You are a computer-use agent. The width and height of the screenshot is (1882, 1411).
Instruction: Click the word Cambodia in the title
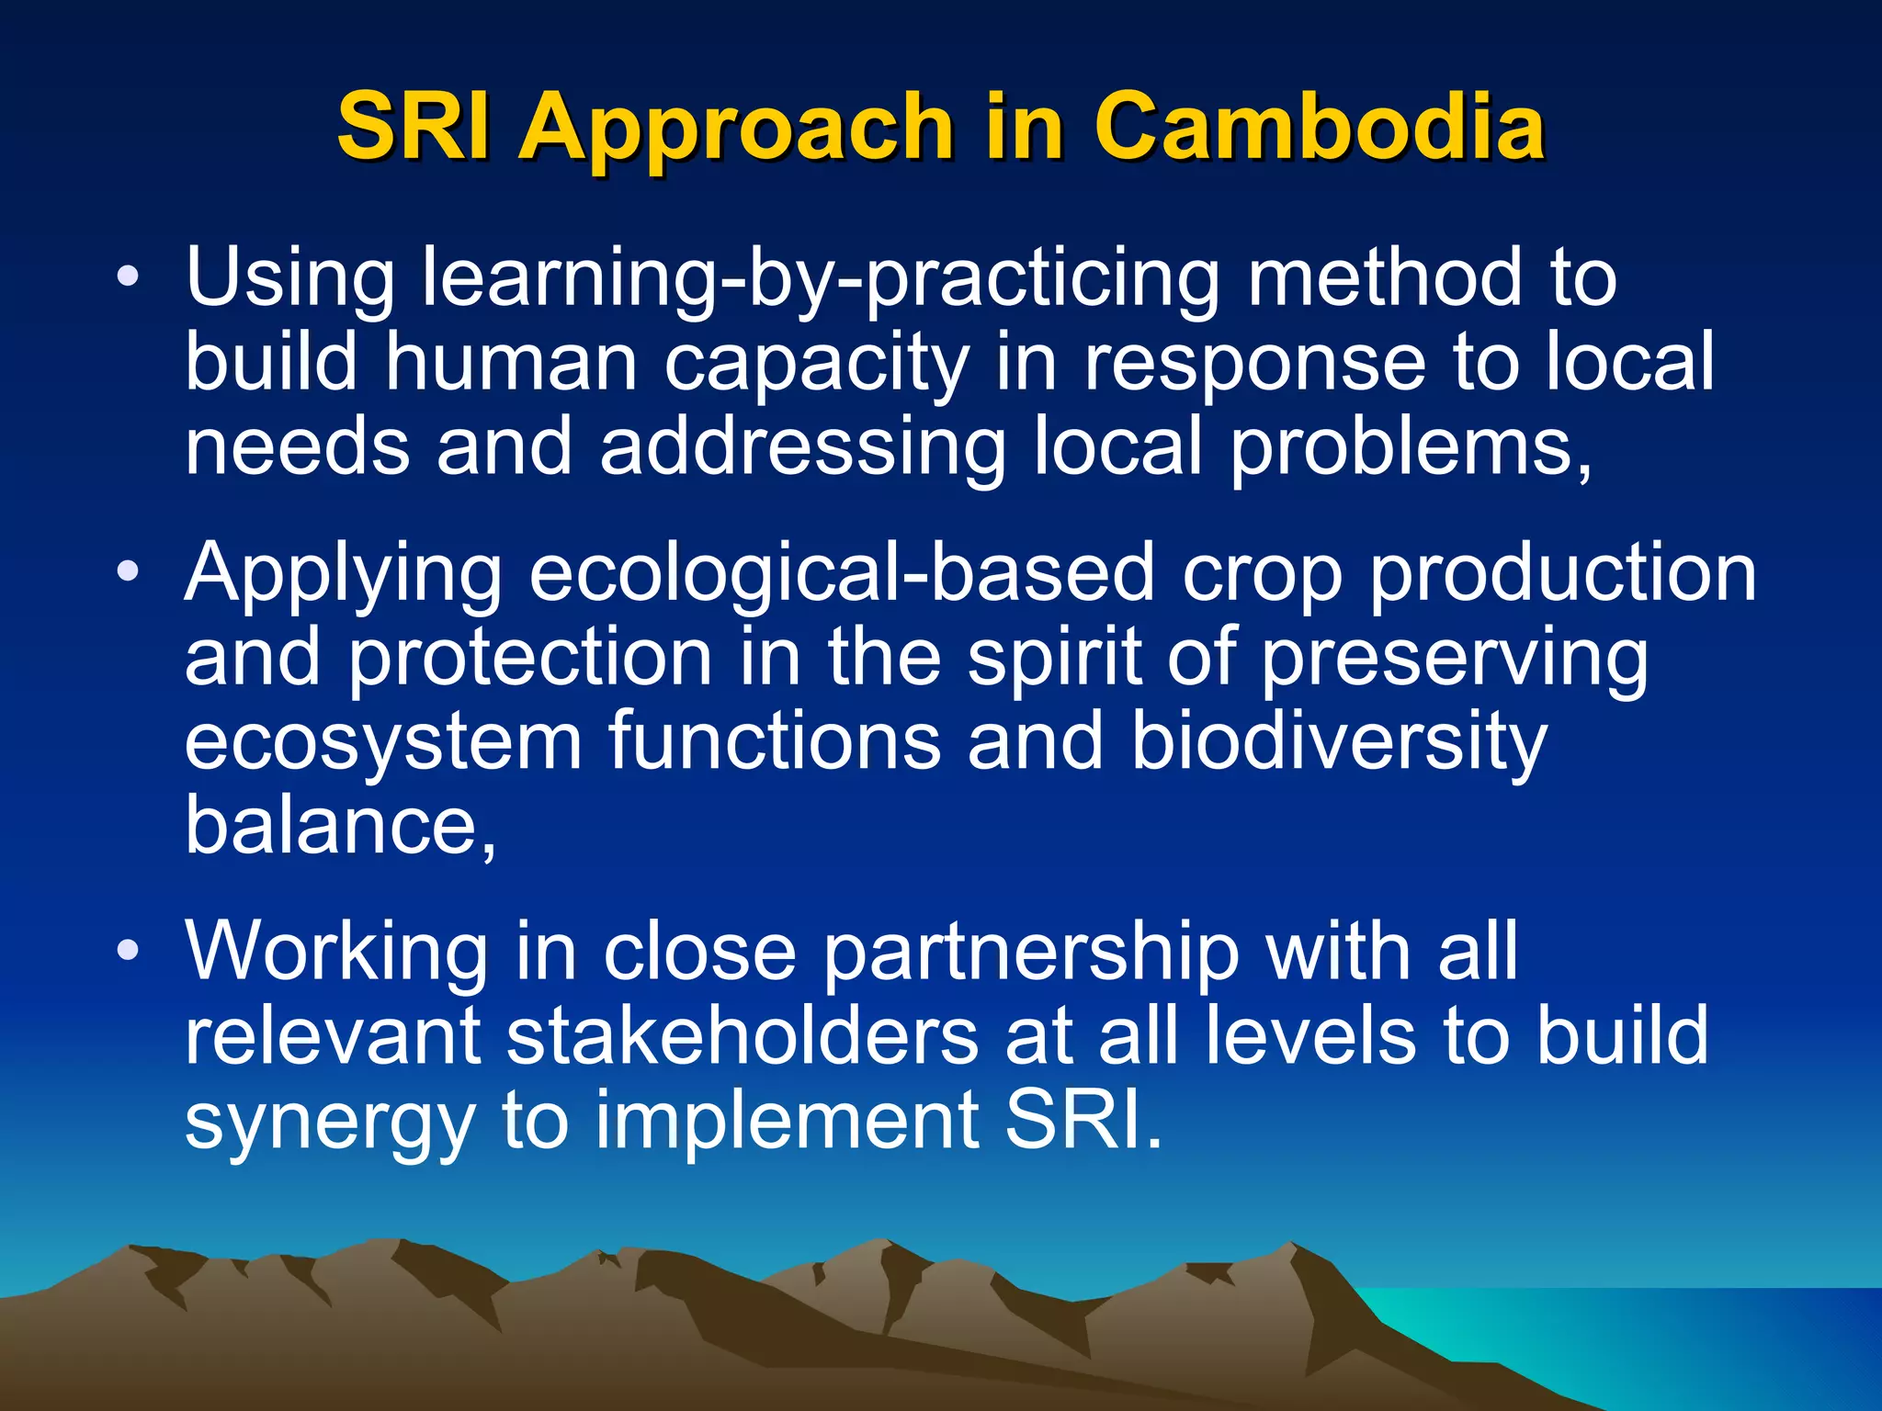[x=1319, y=126]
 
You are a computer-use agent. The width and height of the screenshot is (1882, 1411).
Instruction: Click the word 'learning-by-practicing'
[x=820, y=279]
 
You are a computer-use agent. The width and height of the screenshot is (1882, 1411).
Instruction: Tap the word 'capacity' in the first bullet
[x=816, y=364]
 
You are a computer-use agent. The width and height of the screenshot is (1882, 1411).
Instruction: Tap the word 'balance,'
[x=341, y=825]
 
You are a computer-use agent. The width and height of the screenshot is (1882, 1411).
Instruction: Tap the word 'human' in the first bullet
[x=511, y=362]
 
